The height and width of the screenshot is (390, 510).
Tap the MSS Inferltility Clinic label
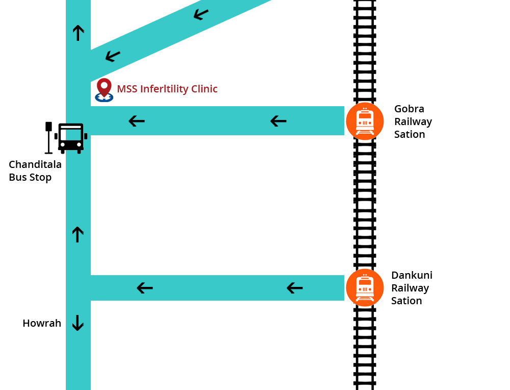(167, 89)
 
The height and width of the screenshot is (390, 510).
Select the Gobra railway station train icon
(365, 121)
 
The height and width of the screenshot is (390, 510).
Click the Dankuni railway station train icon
(365, 288)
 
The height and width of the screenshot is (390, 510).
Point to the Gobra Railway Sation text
(413, 121)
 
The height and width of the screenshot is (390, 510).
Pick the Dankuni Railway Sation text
(412, 288)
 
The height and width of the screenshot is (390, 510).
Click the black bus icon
(71, 138)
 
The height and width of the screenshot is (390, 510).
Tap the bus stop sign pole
(48, 138)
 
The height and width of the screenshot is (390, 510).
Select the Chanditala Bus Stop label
(35, 171)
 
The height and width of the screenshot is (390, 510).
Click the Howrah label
(42, 323)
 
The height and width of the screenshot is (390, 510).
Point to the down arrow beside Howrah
(78, 323)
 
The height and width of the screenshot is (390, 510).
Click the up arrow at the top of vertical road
(78, 33)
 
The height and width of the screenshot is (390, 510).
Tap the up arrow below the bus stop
(78, 234)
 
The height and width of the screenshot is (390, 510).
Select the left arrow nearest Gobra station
(278, 121)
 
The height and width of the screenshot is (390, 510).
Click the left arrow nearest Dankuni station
(295, 288)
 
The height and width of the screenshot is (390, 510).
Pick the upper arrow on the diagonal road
(201, 14)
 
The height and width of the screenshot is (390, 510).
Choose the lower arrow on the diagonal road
(113, 56)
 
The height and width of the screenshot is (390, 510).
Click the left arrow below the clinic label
(137, 121)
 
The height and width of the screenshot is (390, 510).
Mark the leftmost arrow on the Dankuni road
(145, 288)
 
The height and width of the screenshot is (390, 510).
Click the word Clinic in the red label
(205, 88)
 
